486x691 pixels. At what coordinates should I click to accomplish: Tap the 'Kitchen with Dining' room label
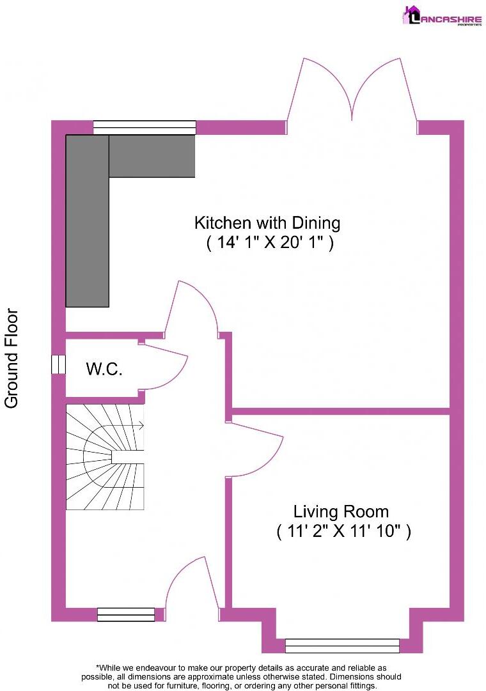pyautogui.click(x=267, y=223)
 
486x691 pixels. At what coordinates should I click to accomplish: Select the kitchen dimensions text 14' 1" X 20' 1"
pyautogui.click(x=269, y=243)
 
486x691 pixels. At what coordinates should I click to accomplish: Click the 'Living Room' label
pyautogui.click(x=341, y=511)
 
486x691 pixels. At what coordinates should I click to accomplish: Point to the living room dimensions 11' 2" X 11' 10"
pyautogui.click(x=343, y=531)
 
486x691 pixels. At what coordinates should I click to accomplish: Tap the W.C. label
pyautogui.click(x=104, y=369)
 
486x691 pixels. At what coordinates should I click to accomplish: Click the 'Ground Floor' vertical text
pyautogui.click(x=12, y=358)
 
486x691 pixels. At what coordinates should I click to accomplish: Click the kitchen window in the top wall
pyautogui.click(x=144, y=127)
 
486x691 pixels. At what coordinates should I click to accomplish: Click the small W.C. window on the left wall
pyautogui.click(x=58, y=364)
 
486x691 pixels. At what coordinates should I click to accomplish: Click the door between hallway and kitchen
pyautogui.click(x=192, y=307)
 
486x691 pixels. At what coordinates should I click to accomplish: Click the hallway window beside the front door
pyautogui.click(x=126, y=614)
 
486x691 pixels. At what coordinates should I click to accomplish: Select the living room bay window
pyautogui.click(x=342, y=646)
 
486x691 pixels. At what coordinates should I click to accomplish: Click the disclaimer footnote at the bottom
pyautogui.click(x=241, y=676)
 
